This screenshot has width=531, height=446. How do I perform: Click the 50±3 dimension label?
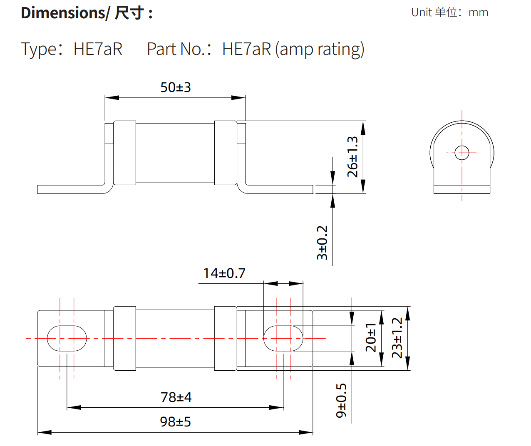coord(175,87)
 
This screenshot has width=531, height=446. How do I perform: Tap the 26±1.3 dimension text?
coord(352,156)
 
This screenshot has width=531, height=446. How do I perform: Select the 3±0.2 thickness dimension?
coord(323,243)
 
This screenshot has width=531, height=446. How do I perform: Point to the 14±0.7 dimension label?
coord(224,273)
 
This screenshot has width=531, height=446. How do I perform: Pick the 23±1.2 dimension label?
coord(397,338)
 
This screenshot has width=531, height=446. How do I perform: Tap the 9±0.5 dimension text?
coord(341,400)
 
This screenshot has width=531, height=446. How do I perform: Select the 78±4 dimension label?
coord(176,397)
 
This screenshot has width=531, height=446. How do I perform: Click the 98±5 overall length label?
coord(175,422)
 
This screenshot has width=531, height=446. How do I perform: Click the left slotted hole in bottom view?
coord(67,338)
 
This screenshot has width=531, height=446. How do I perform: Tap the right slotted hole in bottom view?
coord(283,338)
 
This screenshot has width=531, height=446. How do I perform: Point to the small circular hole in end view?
coord(462,153)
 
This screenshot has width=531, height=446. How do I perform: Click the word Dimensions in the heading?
coord(62,13)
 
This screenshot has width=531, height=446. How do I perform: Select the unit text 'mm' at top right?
coord(478,12)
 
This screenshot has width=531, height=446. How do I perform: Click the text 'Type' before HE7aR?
coord(39,49)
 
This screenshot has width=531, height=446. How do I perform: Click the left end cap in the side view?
coord(124,153)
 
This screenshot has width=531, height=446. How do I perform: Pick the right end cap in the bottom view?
coord(226,338)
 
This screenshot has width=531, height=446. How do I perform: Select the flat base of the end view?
coord(462,189)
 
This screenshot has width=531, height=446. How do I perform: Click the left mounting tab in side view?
coord(71,189)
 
